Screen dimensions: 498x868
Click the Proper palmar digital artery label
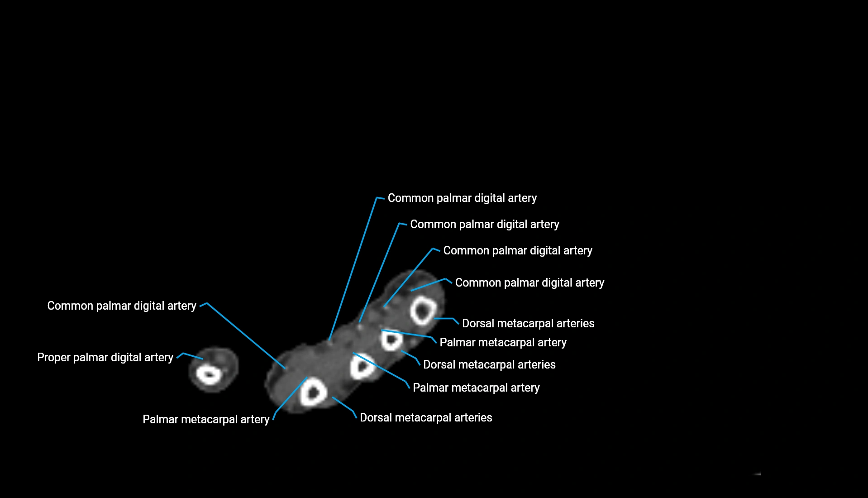105,358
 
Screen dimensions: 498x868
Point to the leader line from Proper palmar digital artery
193,356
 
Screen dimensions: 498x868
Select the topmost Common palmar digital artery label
462,198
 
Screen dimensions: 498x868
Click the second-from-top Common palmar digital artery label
484,225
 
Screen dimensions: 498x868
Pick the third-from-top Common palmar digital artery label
517,251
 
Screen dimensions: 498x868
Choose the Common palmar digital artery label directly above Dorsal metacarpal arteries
529,283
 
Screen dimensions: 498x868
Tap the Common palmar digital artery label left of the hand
122,306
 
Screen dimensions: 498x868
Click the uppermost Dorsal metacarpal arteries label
528,324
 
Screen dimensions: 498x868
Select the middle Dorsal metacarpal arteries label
489,365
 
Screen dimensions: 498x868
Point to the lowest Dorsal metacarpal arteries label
426,418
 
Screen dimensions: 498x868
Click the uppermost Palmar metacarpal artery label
503,343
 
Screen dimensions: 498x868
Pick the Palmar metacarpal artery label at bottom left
206,420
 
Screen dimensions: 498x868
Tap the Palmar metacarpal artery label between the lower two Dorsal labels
476,388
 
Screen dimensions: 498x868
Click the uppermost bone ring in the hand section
423,311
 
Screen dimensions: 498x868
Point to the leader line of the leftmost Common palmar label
247,335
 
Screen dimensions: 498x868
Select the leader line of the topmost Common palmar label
353,269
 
